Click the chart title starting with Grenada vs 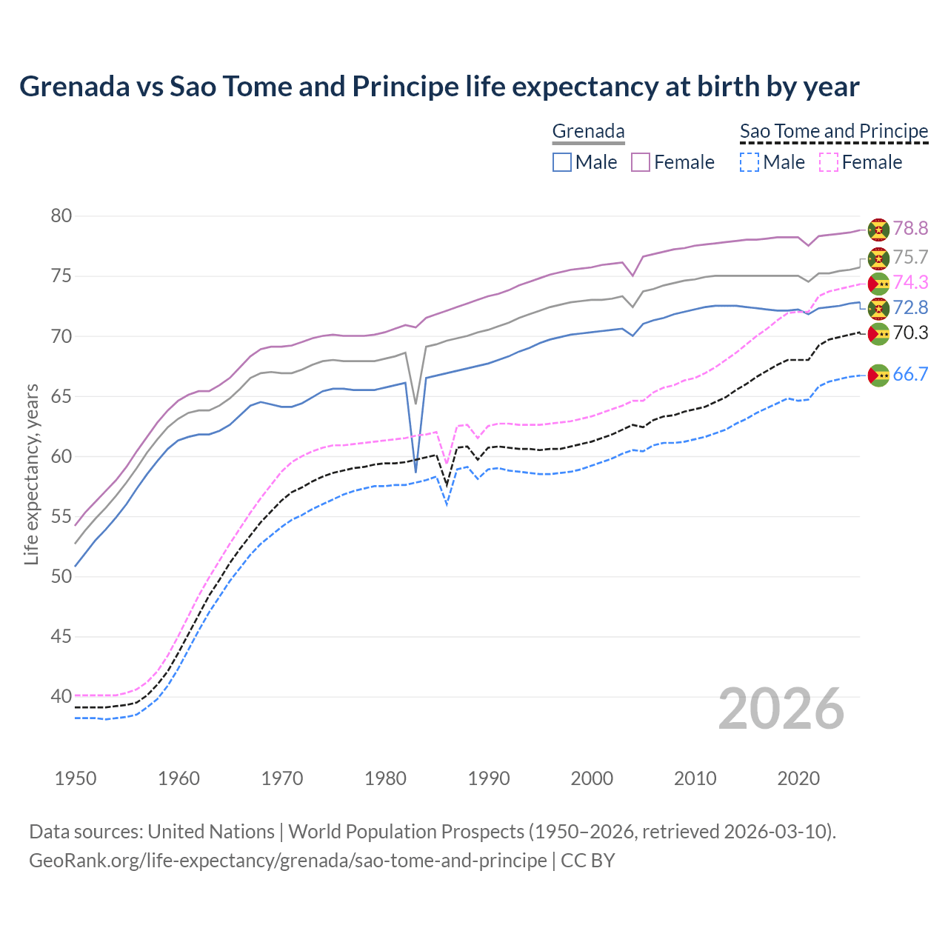pyautogui.click(x=439, y=87)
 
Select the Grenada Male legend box pyautogui.click(x=562, y=162)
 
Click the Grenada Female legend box pyautogui.click(x=641, y=162)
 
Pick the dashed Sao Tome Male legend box pyautogui.click(x=750, y=162)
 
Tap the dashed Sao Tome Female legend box pyautogui.click(x=829, y=162)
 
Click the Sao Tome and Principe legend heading pyautogui.click(x=834, y=131)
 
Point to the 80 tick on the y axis pyautogui.click(x=61, y=216)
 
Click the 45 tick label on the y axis pyautogui.click(x=61, y=636)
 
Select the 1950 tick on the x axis pyautogui.click(x=76, y=778)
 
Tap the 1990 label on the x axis pyautogui.click(x=489, y=778)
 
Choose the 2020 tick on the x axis pyautogui.click(x=798, y=778)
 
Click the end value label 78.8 pyautogui.click(x=910, y=229)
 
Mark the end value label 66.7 pyautogui.click(x=910, y=375)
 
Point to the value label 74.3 pyautogui.click(x=910, y=282)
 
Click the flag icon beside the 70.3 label pyautogui.click(x=878, y=334)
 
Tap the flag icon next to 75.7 pyautogui.click(x=878, y=258)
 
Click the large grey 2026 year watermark pyautogui.click(x=781, y=709)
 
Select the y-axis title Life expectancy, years pyautogui.click(x=31, y=474)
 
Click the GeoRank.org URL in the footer pyautogui.click(x=287, y=861)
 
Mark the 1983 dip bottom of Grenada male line pyautogui.click(x=415, y=472)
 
